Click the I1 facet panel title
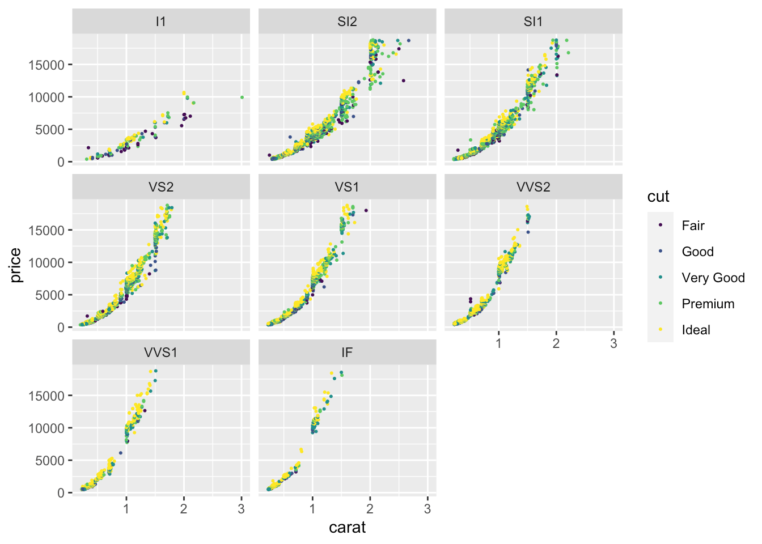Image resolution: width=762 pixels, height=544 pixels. [x=161, y=22]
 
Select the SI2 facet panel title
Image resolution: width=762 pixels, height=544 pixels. [x=347, y=22]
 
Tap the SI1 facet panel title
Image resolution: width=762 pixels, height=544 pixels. [x=533, y=22]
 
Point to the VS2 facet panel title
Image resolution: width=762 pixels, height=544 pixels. [x=161, y=187]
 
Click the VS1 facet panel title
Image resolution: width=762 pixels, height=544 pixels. [x=347, y=187]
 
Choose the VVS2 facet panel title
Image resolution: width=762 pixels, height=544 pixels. [x=533, y=187]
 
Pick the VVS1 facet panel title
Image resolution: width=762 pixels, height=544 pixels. [x=161, y=352]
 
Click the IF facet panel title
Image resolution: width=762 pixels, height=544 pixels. [x=347, y=352]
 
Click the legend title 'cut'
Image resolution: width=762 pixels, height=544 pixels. [x=658, y=197]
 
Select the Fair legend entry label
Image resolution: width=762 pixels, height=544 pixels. [x=693, y=226]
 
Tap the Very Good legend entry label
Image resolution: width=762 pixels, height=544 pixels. [x=713, y=278]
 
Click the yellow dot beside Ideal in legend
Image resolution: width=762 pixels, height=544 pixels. [x=661, y=330]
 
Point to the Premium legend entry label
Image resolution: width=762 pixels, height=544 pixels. [x=708, y=304]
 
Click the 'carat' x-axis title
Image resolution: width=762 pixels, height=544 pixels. [x=347, y=528]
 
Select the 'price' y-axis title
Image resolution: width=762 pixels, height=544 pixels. [x=16, y=265]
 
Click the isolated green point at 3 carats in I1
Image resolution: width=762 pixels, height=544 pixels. [x=242, y=97]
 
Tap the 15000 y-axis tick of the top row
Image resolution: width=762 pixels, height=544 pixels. [x=46, y=65]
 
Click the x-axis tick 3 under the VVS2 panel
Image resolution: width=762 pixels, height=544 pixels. [x=613, y=343]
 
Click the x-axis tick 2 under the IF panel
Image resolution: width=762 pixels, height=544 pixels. [x=370, y=509]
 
